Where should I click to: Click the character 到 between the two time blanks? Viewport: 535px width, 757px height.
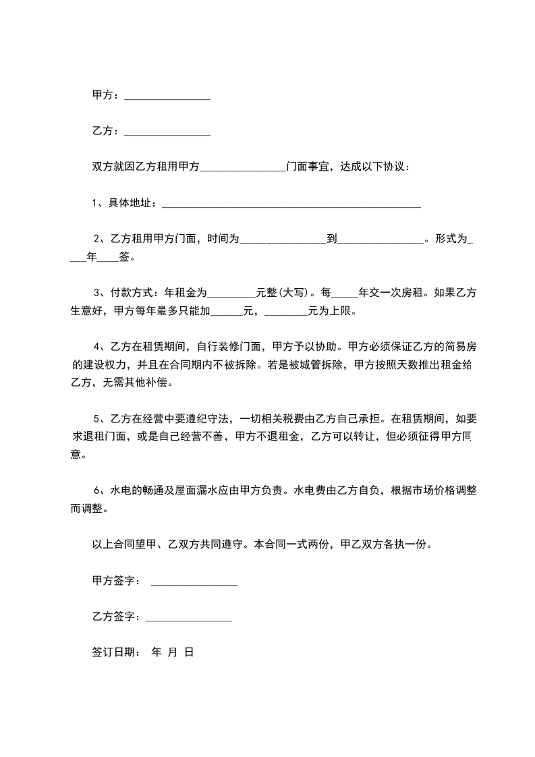tap(331, 239)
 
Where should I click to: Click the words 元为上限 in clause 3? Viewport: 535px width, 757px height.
tap(329, 312)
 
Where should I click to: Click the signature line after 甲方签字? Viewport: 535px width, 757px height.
tap(194, 582)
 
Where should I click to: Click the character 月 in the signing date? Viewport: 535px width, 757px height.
tap(173, 652)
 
